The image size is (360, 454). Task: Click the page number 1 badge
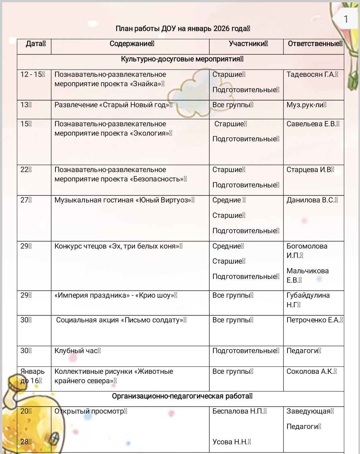pyautogui.click(x=346, y=19)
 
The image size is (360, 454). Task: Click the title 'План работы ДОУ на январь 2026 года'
pyautogui.click(x=182, y=29)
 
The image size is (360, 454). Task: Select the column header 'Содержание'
pyautogui.click(x=131, y=44)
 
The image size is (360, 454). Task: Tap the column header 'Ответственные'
pyautogui.click(x=314, y=44)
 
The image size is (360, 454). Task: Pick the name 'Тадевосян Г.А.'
pyautogui.click(x=312, y=74)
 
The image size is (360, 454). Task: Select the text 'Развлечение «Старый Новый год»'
pyautogui.click(x=113, y=105)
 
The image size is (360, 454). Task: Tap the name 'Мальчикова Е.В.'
pyautogui.click(x=307, y=275)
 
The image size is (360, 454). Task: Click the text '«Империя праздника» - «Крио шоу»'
pyautogui.click(x=115, y=295)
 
